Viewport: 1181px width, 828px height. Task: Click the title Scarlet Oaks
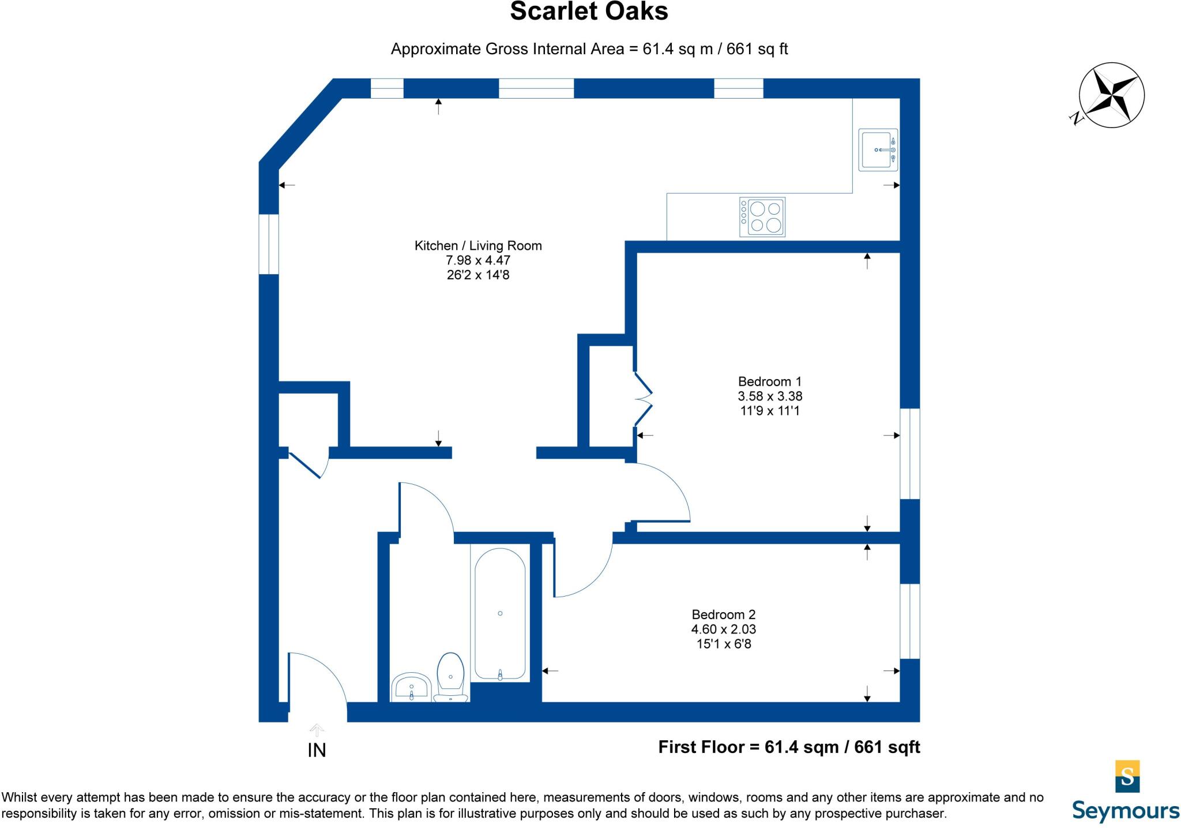click(589, 12)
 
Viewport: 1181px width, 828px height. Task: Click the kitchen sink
click(877, 149)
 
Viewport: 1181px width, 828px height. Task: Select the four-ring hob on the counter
click(762, 217)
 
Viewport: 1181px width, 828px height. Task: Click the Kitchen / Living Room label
click(478, 246)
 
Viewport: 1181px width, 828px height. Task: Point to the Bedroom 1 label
click(770, 381)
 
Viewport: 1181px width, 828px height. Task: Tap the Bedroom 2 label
click(723, 615)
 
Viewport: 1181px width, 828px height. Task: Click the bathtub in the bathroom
click(500, 613)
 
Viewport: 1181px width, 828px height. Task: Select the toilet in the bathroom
click(450, 675)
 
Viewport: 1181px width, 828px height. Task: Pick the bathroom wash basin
click(411, 687)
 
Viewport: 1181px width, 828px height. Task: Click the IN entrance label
click(317, 750)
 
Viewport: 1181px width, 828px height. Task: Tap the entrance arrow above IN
click(317, 730)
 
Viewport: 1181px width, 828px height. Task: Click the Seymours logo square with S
click(1127, 776)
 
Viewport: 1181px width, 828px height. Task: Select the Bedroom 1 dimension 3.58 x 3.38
click(770, 396)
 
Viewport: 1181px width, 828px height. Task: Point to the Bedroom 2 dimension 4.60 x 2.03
click(723, 630)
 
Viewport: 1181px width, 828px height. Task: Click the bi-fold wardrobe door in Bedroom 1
click(644, 398)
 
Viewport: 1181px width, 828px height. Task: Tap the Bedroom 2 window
click(910, 621)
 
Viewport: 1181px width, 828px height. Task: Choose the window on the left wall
click(269, 244)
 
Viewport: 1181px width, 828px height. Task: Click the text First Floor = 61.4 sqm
click(748, 747)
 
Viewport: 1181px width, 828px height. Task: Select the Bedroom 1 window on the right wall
click(910, 454)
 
